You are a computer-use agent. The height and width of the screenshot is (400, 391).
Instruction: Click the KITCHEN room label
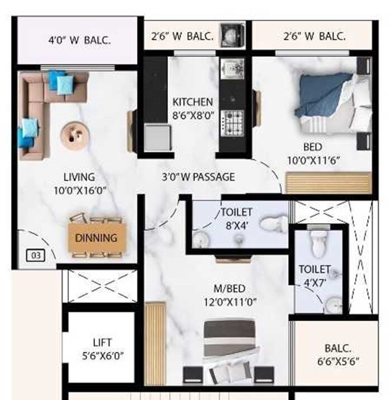[x=192, y=102]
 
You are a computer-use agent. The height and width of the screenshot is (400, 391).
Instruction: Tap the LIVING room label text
[x=79, y=178]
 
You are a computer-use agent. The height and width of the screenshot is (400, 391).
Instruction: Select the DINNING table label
[x=96, y=237]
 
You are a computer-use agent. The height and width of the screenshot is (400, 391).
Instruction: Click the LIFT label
[x=103, y=342]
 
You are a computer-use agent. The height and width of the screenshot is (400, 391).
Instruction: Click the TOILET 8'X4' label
[x=237, y=219]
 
